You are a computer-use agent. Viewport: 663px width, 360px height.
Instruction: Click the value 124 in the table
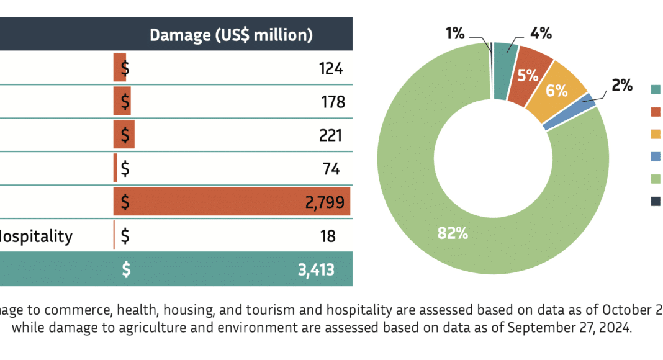(331, 68)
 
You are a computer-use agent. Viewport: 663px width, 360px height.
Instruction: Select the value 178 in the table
(333, 101)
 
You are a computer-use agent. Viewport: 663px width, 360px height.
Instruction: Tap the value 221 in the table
(330, 135)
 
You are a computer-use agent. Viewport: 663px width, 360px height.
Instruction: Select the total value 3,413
(316, 269)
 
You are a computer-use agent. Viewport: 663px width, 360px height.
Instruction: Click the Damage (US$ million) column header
(230, 35)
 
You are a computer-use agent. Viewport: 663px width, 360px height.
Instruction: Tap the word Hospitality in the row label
(36, 236)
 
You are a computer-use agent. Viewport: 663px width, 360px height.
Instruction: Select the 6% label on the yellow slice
(557, 91)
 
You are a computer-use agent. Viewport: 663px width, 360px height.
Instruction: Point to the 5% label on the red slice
(528, 76)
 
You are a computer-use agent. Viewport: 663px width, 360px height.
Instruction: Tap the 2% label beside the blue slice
(621, 86)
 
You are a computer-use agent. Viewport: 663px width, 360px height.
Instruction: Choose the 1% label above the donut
(454, 34)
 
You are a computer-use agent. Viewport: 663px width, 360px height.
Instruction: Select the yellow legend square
(656, 134)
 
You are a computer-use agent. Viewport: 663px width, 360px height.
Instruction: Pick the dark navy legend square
(656, 200)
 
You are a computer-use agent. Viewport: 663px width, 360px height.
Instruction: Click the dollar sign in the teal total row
(126, 269)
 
